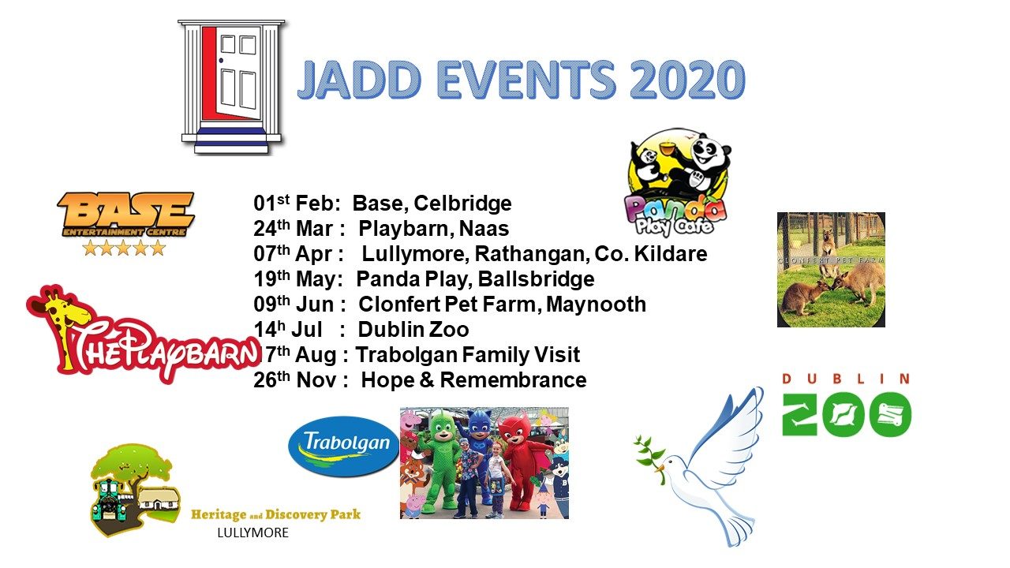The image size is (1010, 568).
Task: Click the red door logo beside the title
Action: (x=231, y=85)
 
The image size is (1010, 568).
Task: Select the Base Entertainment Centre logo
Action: (x=125, y=215)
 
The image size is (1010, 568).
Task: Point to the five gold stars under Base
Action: (x=125, y=248)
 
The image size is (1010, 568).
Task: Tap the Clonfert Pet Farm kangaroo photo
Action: (x=831, y=270)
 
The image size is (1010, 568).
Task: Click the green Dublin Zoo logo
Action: (x=846, y=405)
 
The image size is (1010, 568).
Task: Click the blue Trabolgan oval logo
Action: (x=342, y=446)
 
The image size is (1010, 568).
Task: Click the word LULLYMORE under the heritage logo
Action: (x=252, y=533)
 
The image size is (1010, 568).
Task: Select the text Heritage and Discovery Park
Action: (x=275, y=514)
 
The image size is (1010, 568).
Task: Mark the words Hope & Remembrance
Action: (x=473, y=380)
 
